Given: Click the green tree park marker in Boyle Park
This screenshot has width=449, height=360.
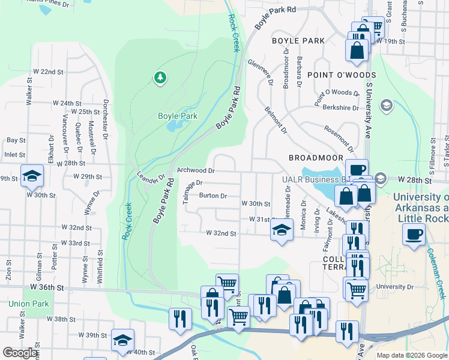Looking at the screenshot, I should click(159, 77).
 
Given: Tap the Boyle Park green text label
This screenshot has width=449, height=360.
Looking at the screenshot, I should click(177, 116).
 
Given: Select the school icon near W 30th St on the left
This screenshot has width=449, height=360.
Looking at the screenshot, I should click(32, 175).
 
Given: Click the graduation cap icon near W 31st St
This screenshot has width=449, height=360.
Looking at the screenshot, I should click(281, 229).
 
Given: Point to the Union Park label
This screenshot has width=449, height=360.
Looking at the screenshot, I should click(28, 304).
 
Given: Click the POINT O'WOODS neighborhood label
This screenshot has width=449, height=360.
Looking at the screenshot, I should click(333, 74).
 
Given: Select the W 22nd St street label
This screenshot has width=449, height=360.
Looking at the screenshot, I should click(48, 71).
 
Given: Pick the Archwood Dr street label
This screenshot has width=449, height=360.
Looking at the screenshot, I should click(196, 170).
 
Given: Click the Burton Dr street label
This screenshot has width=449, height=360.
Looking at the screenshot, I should click(212, 196).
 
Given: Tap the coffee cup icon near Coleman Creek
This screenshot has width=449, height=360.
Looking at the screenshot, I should click(414, 233).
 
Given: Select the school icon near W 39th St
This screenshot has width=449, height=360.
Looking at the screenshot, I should click(122, 339).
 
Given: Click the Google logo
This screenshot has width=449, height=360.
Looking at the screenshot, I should click(20, 353).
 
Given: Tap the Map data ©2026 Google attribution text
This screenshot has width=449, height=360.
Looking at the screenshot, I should click(412, 355).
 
